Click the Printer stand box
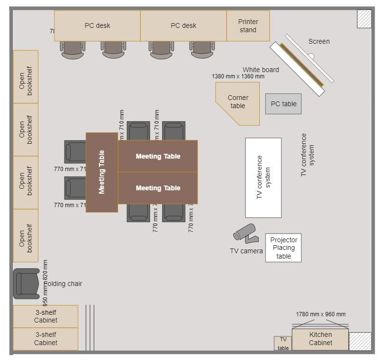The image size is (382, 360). click(248, 26)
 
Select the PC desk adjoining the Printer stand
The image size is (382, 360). click(183, 26)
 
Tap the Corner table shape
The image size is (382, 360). click(238, 102)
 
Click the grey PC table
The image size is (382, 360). click(283, 104)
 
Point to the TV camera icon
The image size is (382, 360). click(245, 233)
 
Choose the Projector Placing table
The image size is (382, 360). click(283, 248)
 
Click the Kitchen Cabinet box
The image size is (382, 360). click(320, 339)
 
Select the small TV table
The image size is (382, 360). click(283, 343)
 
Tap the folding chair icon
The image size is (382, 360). click(26, 284)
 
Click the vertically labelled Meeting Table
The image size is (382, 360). click(102, 173)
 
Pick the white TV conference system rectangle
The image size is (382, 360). click(263, 178)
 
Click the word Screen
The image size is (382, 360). click(319, 41)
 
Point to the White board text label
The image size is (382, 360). click(260, 70)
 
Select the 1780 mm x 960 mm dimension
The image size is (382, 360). click(320, 314)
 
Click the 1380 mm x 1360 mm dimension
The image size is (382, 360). click(238, 76)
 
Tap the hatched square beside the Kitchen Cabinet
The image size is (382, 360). click(360, 341)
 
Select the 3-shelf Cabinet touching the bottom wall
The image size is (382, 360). click(46, 339)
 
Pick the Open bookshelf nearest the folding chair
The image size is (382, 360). click(25, 236)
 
